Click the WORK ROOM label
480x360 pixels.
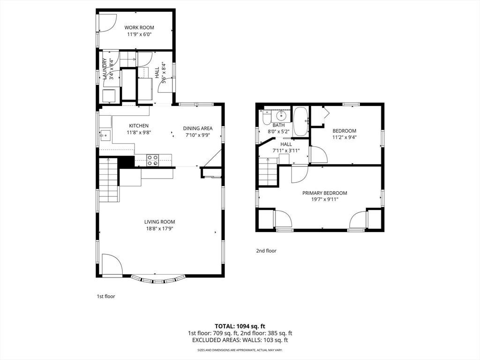(x=139, y=28)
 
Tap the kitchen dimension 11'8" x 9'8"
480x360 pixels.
(x=139, y=133)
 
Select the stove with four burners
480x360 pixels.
(x=153, y=160)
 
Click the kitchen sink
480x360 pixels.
(x=105, y=135)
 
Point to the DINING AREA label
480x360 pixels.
(x=198, y=128)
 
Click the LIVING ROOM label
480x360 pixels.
(x=160, y=222)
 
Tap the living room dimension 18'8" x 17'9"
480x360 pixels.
(x=160, y=229)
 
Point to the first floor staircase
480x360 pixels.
(x=109, y=180)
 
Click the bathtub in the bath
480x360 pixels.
(x=301, y=121)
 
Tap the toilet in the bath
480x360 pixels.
(x=266, y=118)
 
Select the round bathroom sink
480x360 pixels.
(x=281, y=115)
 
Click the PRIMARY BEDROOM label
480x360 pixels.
(x=325, y=193)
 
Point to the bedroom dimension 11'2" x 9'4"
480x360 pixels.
(x=345, y=137)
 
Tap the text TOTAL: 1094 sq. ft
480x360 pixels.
(x=238, y=326)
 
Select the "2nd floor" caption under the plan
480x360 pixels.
(x=266, y=251)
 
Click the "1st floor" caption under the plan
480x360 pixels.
(x=106, y=296)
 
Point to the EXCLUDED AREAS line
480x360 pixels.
(x=240, y=340)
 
